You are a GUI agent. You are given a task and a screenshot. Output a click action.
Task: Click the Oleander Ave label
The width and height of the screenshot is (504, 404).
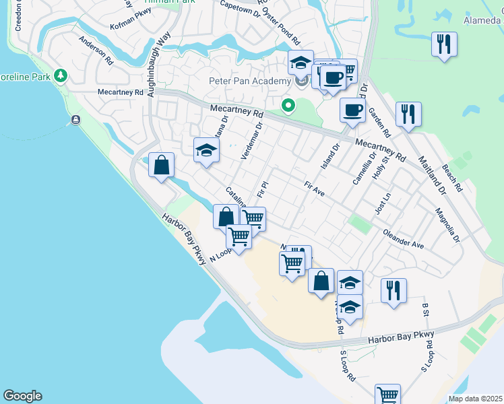coord(403,241)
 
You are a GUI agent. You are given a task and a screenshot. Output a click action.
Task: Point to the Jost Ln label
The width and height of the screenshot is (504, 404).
coord(384,202)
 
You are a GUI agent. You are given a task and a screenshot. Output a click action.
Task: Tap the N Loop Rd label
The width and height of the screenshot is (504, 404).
coord(220,253)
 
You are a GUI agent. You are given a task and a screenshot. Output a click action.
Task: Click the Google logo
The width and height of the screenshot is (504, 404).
coord(22,396)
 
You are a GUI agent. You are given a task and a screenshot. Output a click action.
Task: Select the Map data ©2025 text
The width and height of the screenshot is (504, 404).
coord(475,399)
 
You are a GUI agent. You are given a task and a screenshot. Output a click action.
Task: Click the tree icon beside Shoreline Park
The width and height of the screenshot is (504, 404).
coord(61,75)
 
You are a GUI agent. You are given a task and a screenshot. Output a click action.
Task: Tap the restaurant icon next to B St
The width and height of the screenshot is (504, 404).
coord(393,290)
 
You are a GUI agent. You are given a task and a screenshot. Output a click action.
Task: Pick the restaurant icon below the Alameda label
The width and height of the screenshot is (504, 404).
coord(444,45)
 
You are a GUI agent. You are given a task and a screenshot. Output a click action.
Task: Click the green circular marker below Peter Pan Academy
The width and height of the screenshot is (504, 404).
coord(288,105)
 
